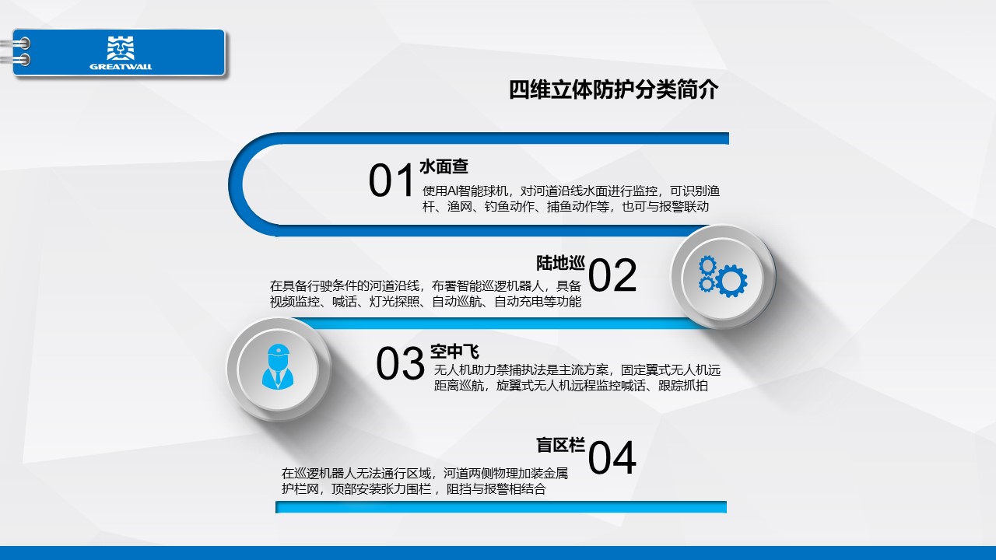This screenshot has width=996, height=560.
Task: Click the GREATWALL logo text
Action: tap(121, 67)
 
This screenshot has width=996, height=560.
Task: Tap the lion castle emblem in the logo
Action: tap(121, 48)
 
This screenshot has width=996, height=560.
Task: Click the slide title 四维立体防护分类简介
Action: tap(613, 89)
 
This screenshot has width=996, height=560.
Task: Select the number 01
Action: tap(391, 180)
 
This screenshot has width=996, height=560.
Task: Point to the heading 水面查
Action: tap(444, 166)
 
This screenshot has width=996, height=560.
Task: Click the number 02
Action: tap(612, 275)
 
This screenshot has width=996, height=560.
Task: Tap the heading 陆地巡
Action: tap(560, 263)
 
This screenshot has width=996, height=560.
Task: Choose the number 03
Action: tap(400, 363)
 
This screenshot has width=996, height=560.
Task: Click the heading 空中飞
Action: tap(454, 352)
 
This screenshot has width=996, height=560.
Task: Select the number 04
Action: tap(612, 458)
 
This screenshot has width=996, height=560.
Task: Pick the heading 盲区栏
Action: tap(560, 445)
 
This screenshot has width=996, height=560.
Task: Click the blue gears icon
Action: tap(723, 276)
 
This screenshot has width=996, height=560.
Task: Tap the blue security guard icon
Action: tap(278, 367)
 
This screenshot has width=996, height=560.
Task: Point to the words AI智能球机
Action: tap(478, 191)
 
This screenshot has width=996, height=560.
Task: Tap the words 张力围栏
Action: tap(406, 489)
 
